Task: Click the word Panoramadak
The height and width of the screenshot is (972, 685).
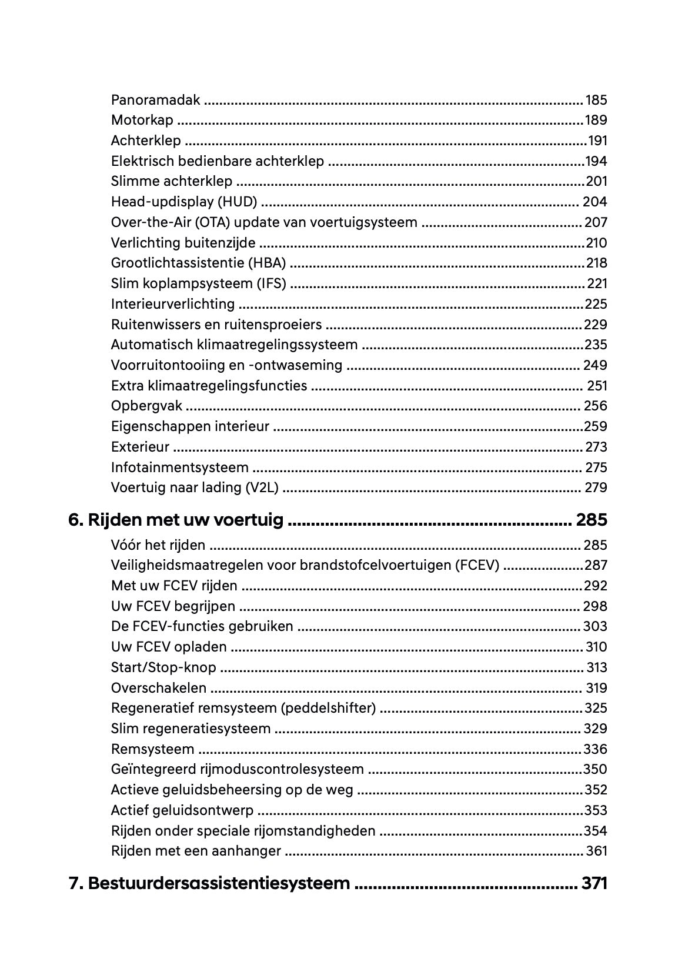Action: pos(155,100)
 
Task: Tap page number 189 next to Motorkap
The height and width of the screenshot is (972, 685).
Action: pos(596,120)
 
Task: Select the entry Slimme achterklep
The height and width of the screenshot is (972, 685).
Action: pos(171,181)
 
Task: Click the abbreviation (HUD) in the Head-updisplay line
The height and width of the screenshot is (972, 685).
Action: pos(238,202)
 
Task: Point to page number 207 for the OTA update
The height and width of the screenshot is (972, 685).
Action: pos(596,222)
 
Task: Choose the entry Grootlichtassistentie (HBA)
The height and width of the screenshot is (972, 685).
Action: pos(198,263)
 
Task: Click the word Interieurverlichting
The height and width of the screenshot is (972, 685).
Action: pos(172,304)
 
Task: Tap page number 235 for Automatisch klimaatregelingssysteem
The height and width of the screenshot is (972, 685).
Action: pos(595,345)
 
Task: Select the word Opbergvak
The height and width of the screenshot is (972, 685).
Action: pos(146,406)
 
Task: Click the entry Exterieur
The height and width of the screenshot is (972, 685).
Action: pos(140,447)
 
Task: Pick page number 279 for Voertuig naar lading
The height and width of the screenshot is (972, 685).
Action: pos(595,487)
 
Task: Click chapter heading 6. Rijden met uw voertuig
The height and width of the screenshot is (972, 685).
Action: pos(176,520)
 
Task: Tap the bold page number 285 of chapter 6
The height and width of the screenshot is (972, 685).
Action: pos(591,520)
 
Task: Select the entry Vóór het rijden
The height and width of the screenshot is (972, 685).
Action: pos(158,545)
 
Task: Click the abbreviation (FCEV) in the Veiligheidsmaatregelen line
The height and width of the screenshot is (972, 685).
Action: pos(477,565)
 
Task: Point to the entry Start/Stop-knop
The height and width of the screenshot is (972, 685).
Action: pos(163,667)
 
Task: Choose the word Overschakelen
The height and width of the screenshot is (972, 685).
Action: pos(158,688)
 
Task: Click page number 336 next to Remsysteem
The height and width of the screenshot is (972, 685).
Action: pos(595,749)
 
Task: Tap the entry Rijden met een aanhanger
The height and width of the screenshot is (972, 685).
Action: pos(196,851)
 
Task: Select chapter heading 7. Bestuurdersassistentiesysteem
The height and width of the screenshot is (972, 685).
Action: pos(209,883)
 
